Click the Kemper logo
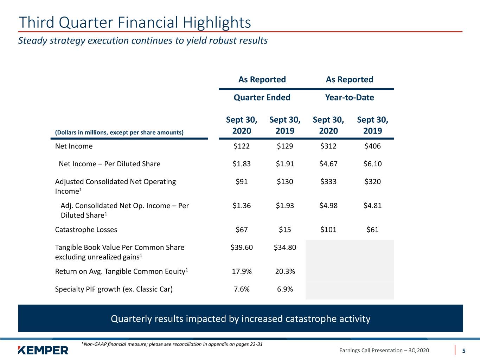point(43,350)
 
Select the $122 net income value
point(242,146)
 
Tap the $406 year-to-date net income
point(372,146)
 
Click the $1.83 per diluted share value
point(242,164)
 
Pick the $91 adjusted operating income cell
point(242,181)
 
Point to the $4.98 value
point(328,205)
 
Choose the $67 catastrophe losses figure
point(242,230)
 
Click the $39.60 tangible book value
point(242,247)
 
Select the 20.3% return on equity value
point(285,271)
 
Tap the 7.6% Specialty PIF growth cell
point(242,289)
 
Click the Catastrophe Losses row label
point(86,230)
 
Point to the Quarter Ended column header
point(262,97)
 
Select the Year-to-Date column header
point(350,97)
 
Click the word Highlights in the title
point(217,22)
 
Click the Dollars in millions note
point(119,133)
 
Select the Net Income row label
point(74,146)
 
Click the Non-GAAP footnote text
point(172,344)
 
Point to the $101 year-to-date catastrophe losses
point(328,230)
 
